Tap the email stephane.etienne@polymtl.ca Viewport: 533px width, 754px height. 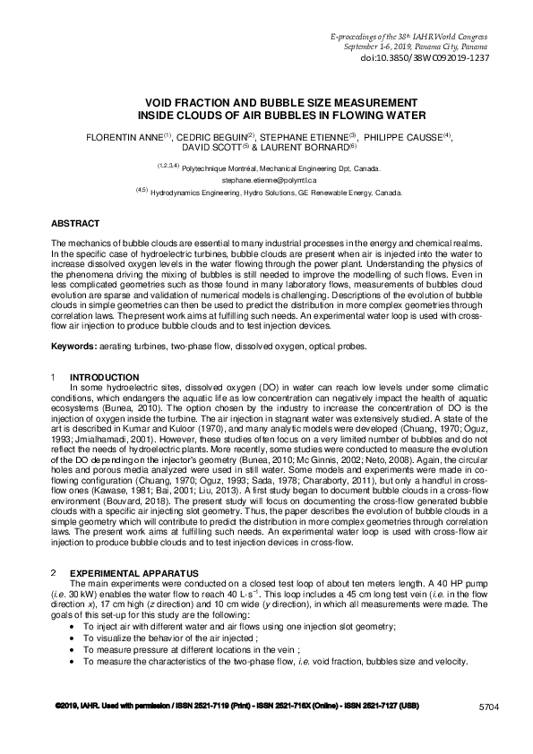(x=266, y=179)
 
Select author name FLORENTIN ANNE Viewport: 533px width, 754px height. (x=121, y=139)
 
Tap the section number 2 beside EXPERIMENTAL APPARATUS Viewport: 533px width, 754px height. (x=55, y=570)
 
